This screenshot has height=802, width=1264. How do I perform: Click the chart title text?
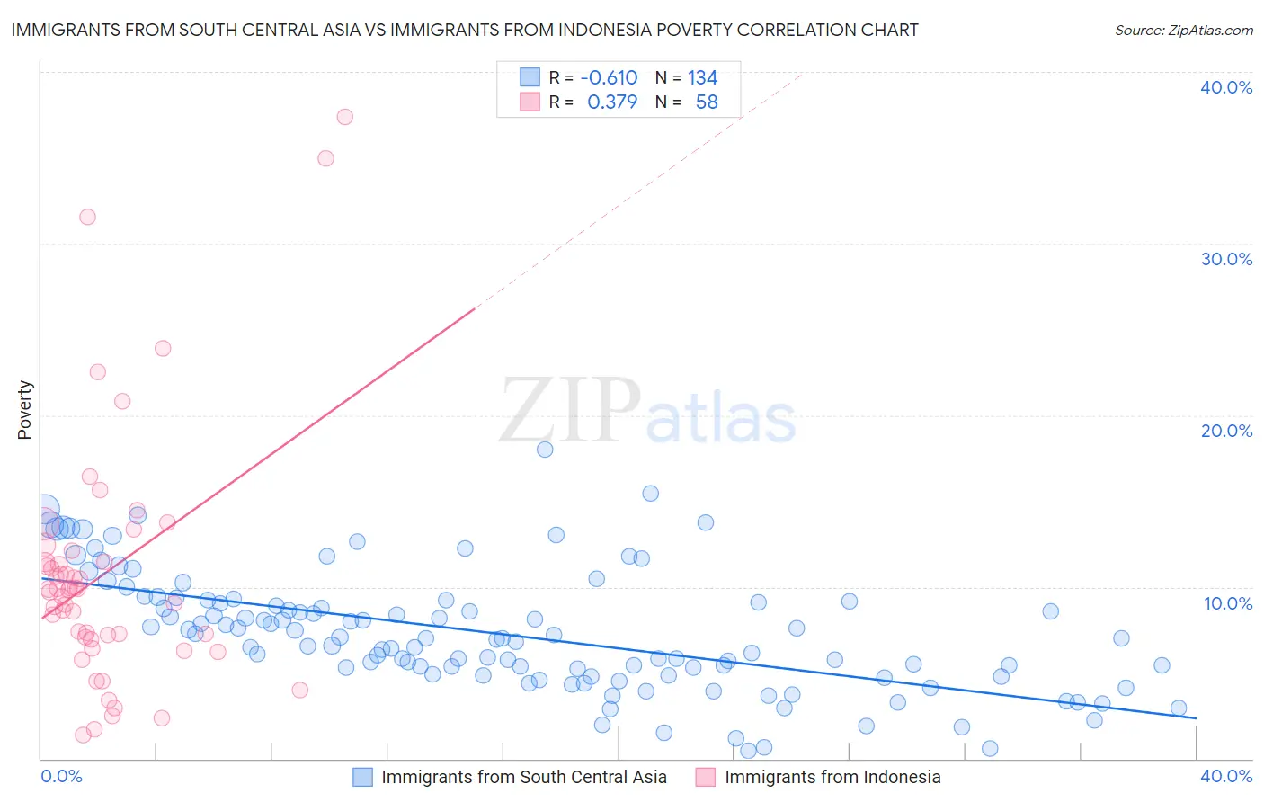[465, 30]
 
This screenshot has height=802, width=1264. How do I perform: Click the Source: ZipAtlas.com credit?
[1183, 30]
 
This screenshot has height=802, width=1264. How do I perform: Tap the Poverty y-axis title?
[24, 409]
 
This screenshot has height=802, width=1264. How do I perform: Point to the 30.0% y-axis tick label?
[1226, 259]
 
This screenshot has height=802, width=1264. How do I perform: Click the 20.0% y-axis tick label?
[1226, 431]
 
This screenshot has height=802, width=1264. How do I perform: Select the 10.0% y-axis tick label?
[1226, 603]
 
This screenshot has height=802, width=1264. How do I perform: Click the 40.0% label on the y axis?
[1226, 87]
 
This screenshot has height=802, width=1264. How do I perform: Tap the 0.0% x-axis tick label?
[61, 776]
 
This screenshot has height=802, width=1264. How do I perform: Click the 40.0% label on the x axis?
[1226, 776]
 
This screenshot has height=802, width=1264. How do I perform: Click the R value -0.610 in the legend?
[609, 78]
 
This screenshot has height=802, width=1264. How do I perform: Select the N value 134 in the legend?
[702, 78]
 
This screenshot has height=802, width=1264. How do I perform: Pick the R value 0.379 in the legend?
[612, 102]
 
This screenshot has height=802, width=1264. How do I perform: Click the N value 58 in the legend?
[707, 102]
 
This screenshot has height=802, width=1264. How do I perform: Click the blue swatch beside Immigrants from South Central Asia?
[362, 777]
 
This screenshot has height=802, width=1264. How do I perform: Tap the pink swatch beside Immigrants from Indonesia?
[706, 777]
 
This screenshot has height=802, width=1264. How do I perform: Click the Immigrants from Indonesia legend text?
[832, 777]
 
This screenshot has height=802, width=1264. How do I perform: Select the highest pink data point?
[344, 117]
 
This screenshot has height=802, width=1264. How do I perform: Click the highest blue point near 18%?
[545, 450]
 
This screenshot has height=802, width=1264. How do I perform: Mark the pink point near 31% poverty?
[87, 217]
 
